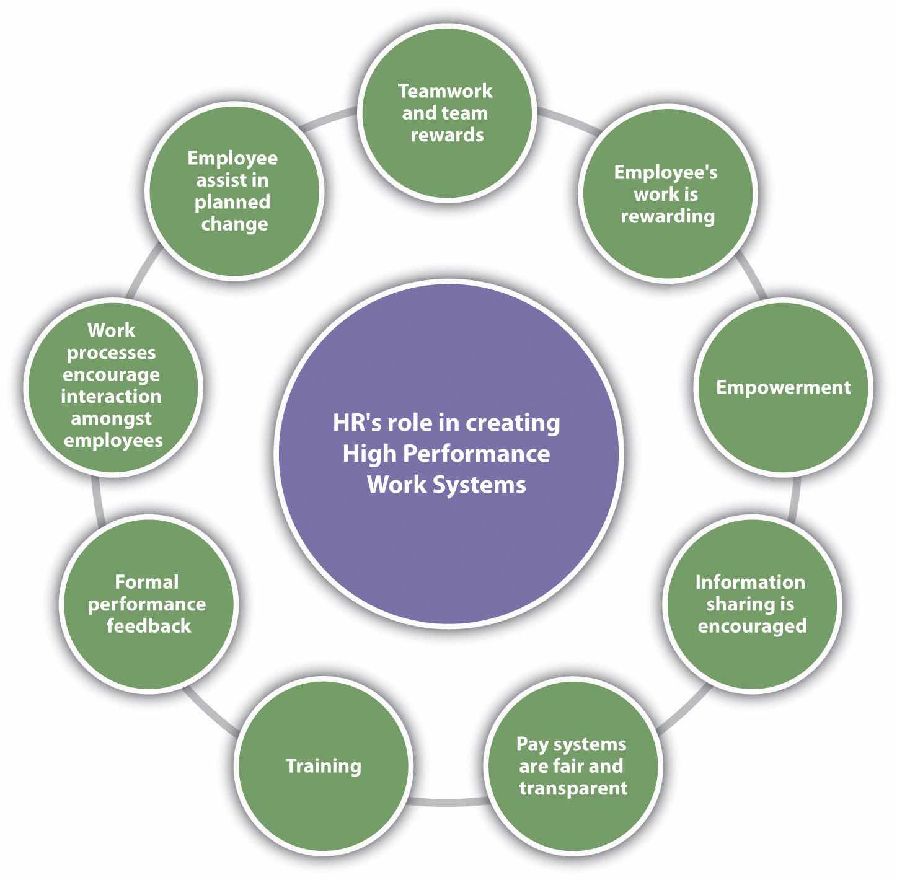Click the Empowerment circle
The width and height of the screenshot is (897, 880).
tap(783, 387)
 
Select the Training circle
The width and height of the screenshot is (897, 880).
tap(323, 766)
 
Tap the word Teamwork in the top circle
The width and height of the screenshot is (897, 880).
tap(445, 91)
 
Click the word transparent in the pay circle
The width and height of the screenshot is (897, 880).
tap(573, 788)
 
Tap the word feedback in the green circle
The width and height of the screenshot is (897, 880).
tap(149, 626)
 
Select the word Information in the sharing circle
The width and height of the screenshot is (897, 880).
tap(750, 582)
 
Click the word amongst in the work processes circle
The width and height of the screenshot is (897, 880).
tap(111, 418)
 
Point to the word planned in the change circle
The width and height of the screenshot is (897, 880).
tap(232, 202)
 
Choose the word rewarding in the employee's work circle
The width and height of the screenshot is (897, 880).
tap(668, 216)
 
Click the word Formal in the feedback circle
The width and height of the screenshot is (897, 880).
tap(147, 582)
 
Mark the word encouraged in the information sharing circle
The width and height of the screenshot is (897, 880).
tap(752, 626)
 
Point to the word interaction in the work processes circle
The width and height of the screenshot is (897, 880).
tap(111, 396)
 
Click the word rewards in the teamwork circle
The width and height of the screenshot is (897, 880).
tap(446, 135)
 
